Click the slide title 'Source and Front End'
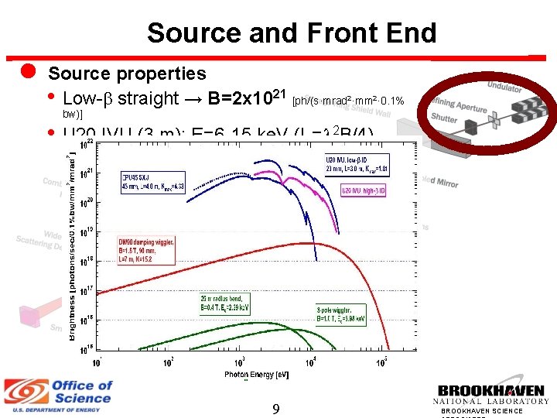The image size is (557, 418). pyautogui.click(x=292, y=33)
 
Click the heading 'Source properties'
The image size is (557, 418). pyautogui.click(x=127, y=74)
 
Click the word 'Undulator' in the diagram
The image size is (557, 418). pyautogui.click(x=504, y=88)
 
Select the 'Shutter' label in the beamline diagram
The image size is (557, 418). pyautogui.click(x=445, y=118)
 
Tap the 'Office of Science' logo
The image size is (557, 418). pyautogui.click(x=58, y=392)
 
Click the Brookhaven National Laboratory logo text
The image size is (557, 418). pyautogui.click(x=492, y=394)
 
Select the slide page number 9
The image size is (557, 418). pyautogui.click(x=276, y=408)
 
